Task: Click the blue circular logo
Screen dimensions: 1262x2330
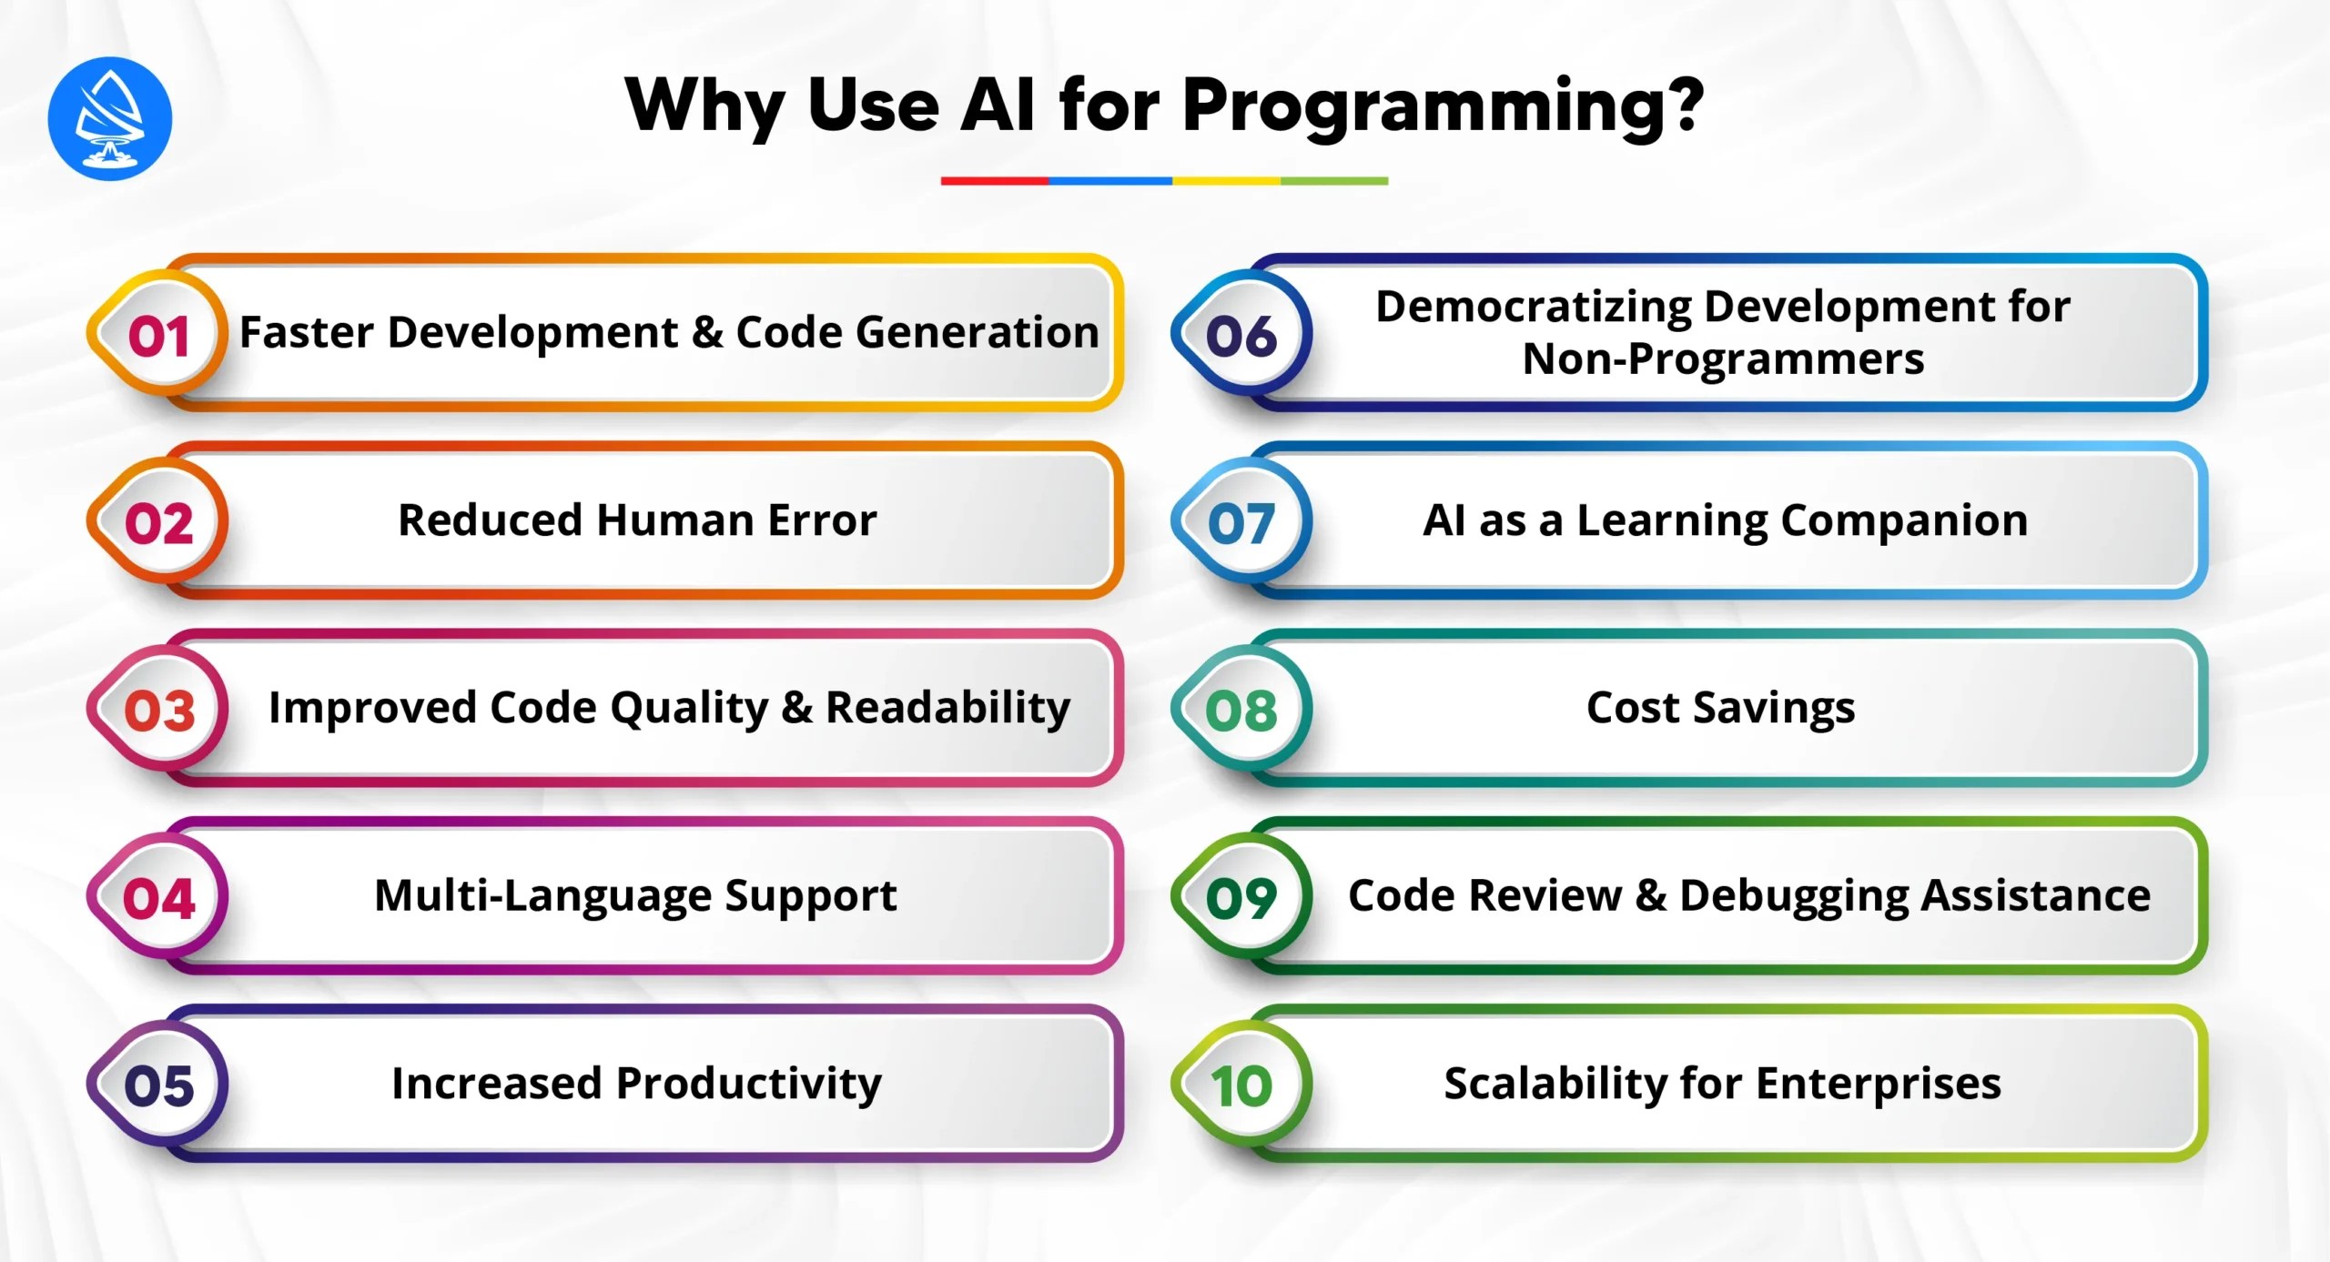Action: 109,118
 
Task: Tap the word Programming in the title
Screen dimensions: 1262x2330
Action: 1443,107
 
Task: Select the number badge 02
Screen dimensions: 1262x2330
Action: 158,524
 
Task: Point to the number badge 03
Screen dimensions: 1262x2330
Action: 158,711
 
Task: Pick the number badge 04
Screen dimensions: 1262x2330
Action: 158,899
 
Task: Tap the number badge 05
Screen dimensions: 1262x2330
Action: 158,1085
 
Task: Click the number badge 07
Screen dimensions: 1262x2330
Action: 1241,524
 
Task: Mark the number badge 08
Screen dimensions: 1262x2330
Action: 1241,711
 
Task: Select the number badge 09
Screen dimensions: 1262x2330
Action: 1241,899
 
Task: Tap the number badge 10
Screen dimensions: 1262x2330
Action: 1241,1085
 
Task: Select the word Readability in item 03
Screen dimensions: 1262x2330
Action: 947,708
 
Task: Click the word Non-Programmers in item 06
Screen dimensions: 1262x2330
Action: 1723,359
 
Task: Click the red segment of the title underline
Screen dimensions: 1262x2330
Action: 994,181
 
